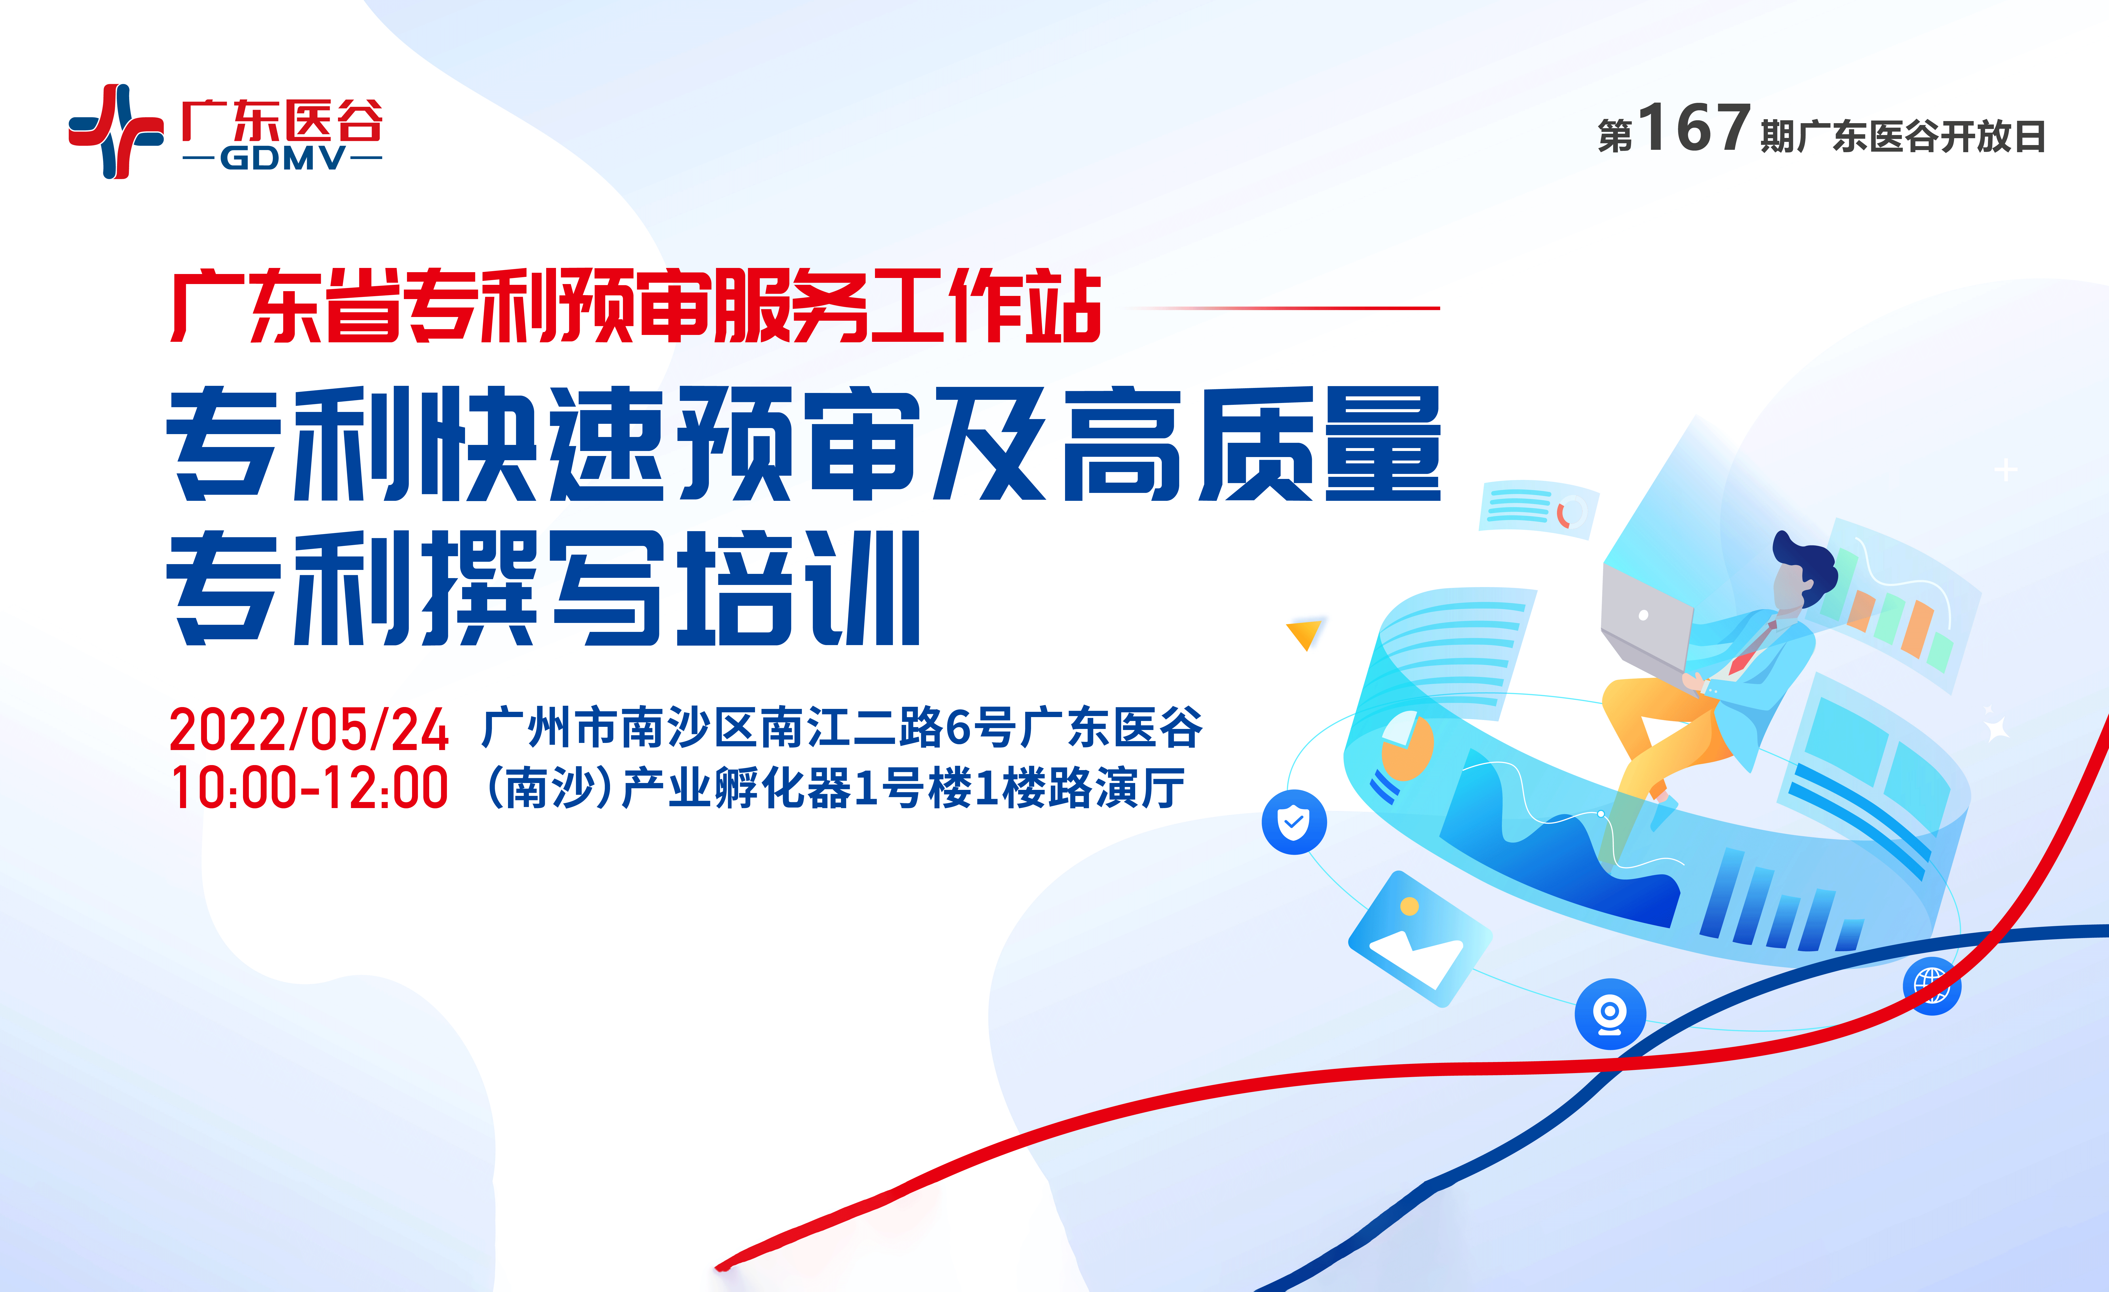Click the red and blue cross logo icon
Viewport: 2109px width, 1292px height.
click(115, 131)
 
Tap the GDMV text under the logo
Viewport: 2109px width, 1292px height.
click(282, 159)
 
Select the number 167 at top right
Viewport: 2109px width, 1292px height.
click(1693, 128)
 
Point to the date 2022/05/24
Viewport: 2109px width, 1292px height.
click(308, 730)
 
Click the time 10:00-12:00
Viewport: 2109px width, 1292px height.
click(308, 788)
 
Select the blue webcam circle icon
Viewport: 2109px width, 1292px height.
click(1609, 1013)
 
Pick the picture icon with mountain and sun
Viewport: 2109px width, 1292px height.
click(1419, 939)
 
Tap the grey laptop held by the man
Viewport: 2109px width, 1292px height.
click(1645, 621)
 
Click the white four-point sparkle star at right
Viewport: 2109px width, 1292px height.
click(1997, 728)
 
